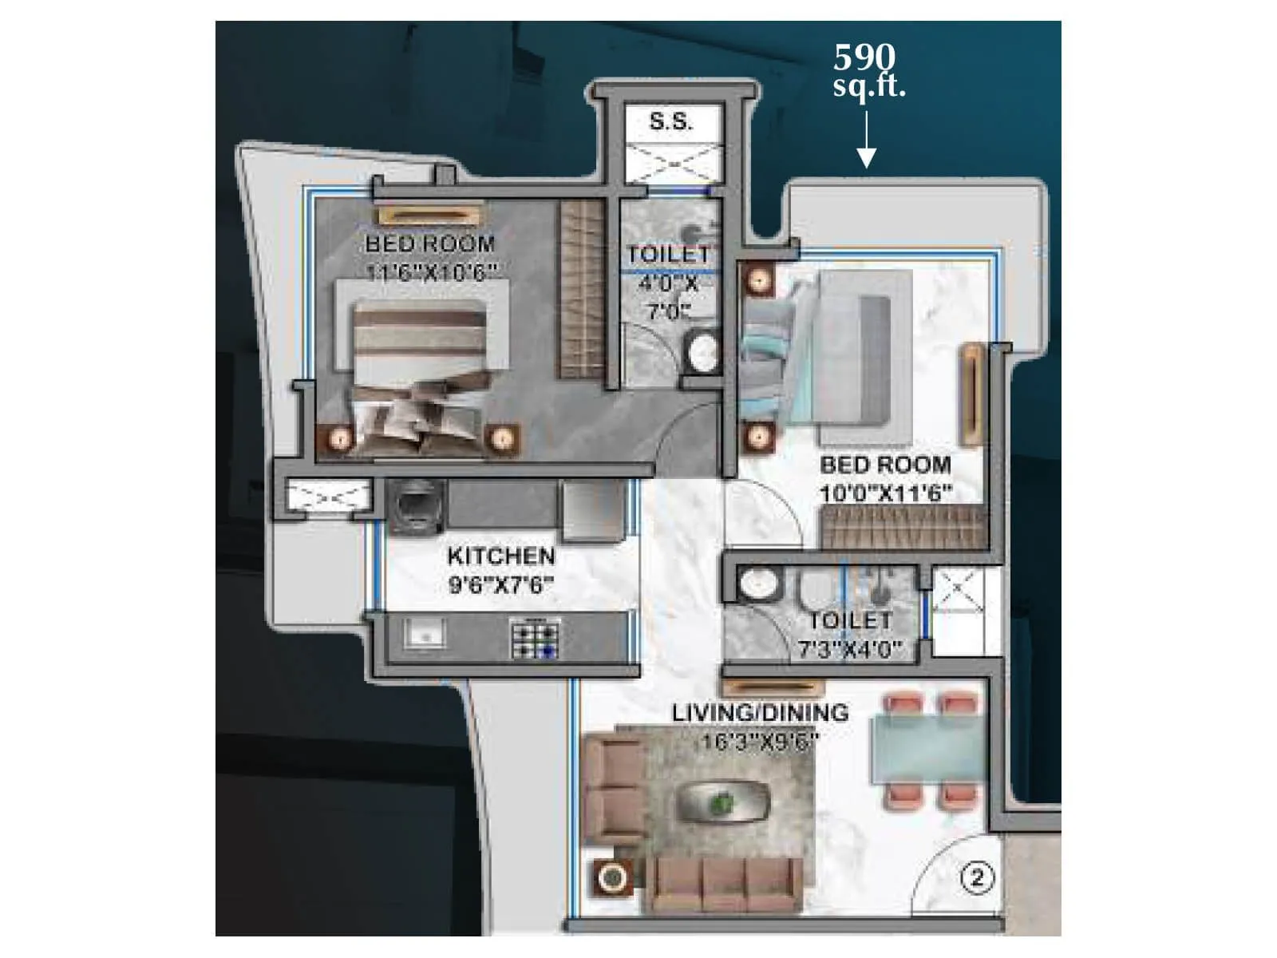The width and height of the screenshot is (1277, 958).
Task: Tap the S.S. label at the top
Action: (671, 122)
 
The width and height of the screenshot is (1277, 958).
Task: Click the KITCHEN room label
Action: (500, 556)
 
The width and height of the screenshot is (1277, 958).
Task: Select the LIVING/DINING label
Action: (760, 712)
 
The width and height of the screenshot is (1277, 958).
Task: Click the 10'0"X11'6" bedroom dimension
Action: (887, 493)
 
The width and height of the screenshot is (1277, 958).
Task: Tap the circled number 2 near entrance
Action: (977, 878)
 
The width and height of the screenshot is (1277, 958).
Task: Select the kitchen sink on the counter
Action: (424, 635)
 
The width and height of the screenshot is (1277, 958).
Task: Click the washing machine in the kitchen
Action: (415, 506)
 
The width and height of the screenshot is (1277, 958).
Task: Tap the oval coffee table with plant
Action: (723, 801)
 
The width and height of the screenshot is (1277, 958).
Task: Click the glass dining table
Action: (929, 746)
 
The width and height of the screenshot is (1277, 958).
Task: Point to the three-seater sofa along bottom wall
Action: (727, 885)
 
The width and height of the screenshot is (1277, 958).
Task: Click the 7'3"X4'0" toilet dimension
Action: (850, 650)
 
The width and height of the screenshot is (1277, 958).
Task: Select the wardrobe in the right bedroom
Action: (903, 528)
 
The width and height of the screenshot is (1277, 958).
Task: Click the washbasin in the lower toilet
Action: (757, 583)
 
